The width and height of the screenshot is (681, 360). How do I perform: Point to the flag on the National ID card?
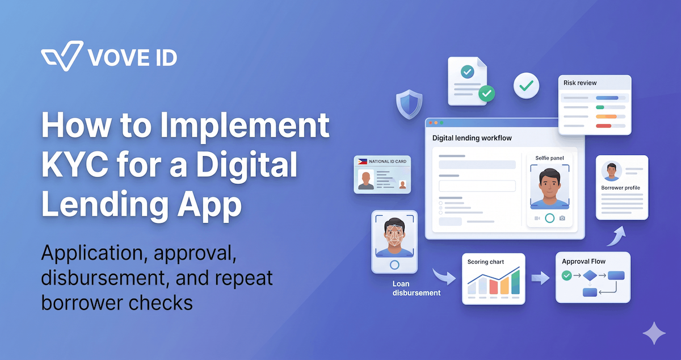[x=362, y=162]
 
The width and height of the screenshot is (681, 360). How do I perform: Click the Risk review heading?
[x=580, y=83]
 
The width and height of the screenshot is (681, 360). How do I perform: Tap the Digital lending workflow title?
[x=472, y=137]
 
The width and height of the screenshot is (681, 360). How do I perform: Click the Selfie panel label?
[x=549, y=158]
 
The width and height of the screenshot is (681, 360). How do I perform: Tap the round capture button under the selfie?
[x=549, y=218]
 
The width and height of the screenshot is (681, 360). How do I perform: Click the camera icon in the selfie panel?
[x=562, y=218]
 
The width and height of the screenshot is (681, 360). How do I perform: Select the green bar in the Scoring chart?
[x=515, y=282]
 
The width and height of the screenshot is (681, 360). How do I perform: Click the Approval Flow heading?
[x=583, y=261]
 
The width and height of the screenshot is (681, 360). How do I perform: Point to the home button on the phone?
[x=394, y=265]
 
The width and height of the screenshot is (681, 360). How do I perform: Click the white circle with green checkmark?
[x=527, y=86]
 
